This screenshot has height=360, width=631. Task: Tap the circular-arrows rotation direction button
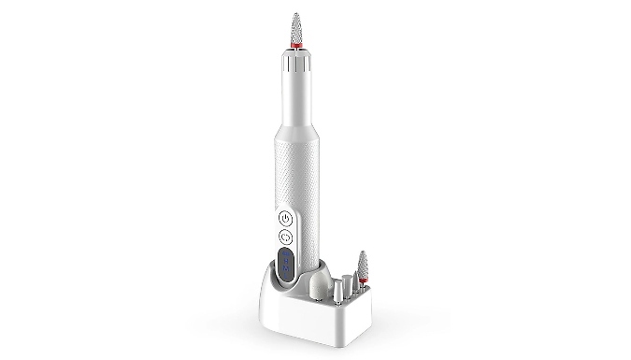click(286, 237)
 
